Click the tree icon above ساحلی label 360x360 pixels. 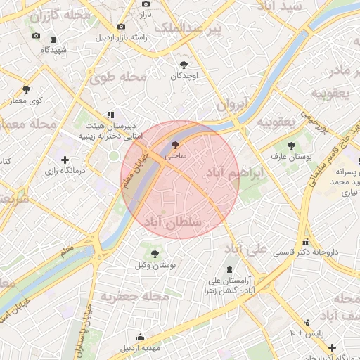click(174, 146)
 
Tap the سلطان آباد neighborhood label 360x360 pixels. click(172, 222)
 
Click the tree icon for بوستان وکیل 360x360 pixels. click(155, 253)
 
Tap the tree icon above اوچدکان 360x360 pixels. click(184, 64)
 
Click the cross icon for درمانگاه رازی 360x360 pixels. click(65, 160)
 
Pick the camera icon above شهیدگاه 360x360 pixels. click(36, 36)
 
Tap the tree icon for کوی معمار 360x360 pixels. click(27, 89)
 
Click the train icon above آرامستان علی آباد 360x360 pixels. click(229, 269)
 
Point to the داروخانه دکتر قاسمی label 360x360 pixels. click(306, 252)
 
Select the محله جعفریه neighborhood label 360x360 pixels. click(135, 297)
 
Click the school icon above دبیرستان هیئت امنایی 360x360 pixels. click(110, 114)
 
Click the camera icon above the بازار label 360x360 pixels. click(146, 4)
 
